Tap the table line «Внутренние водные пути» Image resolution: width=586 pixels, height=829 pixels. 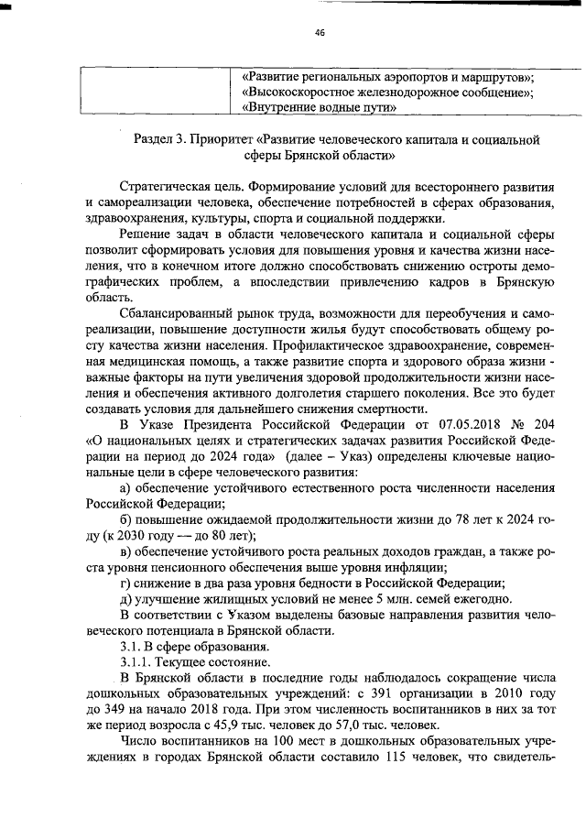(320, 107)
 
